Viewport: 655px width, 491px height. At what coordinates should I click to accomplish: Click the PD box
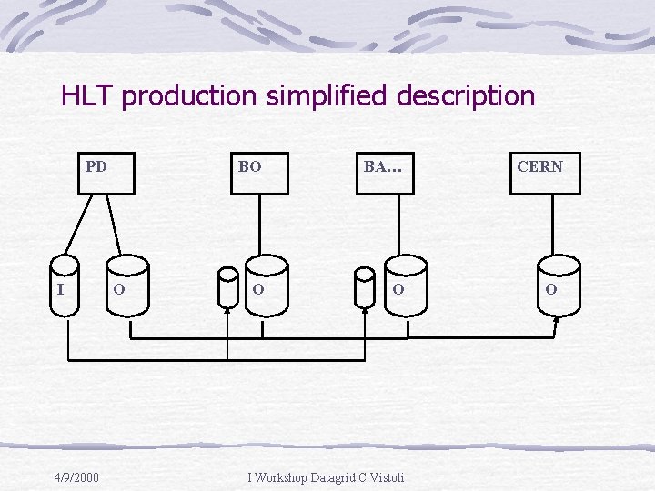click(106, 173)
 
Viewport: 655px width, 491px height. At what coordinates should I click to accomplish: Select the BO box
click(259, 173)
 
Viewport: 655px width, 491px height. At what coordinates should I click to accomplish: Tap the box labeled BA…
click(385, 173)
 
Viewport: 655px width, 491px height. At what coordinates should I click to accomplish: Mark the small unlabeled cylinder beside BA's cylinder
click(364, 288)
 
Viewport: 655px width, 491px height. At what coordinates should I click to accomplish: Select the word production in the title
click(190, 96)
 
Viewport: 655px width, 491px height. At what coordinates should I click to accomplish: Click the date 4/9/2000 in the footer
click(76, 477)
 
